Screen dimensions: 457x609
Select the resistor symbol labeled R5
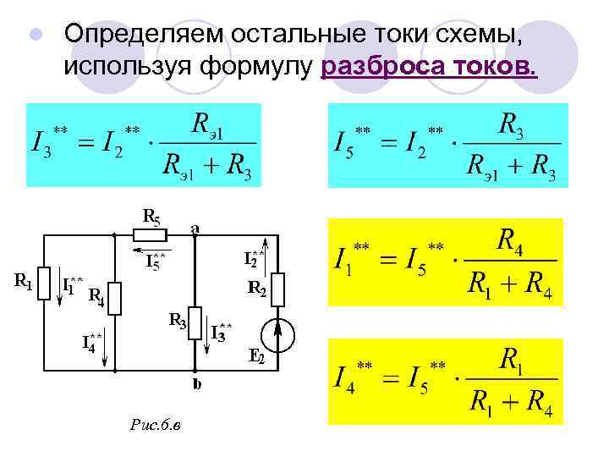[151, 234]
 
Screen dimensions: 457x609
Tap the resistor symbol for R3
[195, 322]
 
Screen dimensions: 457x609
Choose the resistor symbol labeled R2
[281, 289]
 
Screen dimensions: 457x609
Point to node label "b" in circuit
[196, 384]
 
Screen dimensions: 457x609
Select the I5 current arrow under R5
[153, 251]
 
